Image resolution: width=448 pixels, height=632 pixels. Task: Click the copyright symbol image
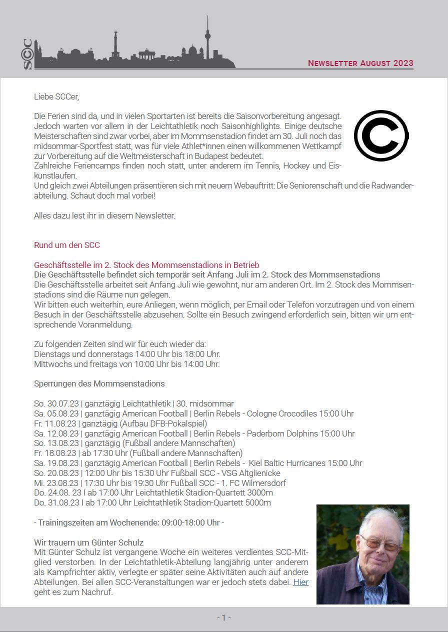click(x=381, y=135)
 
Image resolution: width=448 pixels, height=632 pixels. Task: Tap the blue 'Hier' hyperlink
click(x=300, y=582)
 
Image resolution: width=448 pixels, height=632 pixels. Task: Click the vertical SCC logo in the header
click(x=28, y=54)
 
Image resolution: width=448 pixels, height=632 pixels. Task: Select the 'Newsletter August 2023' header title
click(x=360, y=63)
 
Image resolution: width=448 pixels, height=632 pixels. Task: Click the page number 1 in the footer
click(x=223, y=617)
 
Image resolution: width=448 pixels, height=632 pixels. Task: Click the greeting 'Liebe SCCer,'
click(x=56, y=96)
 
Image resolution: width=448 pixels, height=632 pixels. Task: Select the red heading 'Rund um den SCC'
click(x=67, y=245)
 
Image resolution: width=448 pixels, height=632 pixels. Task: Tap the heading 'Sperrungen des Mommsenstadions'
click(x=99, y=384)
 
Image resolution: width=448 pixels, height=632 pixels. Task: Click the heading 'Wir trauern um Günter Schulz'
click(x=89, y=542)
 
